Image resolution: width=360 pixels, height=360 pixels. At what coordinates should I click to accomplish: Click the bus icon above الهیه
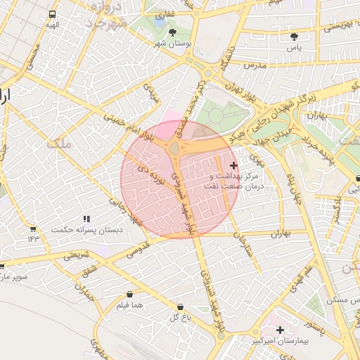pos(53,14)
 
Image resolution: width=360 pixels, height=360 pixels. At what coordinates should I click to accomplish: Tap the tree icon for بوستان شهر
pos(173,32)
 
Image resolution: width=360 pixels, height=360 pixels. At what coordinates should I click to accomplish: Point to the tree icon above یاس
pos(294,37)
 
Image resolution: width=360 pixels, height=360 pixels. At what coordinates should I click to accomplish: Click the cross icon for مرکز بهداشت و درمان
pos(233,165)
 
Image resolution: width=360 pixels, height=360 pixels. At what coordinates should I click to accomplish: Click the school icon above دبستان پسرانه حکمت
pos(86,219)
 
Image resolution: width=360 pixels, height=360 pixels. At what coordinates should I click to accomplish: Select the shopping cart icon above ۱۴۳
pos(32,229)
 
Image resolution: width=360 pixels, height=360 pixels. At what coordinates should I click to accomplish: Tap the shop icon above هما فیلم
pos(129,294)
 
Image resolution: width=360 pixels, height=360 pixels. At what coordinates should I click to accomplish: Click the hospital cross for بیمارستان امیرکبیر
pos(280,330)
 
